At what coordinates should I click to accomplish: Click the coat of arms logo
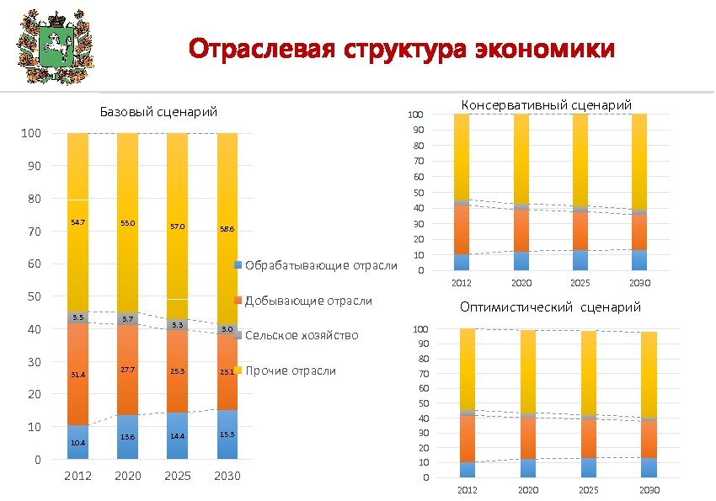point(51,48)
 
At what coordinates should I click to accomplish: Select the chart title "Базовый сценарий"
point(158,111)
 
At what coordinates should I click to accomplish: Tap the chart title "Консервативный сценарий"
point(547,104)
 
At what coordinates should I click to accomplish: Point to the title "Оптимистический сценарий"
point(550,307)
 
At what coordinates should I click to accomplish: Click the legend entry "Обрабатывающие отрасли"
point(319,266)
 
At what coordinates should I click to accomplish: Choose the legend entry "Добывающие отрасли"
point(308,301)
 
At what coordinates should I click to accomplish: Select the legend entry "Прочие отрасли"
point(290,370)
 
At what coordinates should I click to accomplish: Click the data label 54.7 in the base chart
point(77,221)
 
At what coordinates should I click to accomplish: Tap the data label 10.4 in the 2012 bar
point(77,442)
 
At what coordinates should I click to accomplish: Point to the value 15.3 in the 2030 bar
point(227,434)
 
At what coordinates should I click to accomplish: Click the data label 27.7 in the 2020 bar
point(127,370)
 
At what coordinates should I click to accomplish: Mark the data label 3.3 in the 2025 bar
point(177,325)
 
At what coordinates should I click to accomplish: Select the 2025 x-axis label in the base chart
point(177,477)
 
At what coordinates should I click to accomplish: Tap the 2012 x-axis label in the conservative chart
point(462,283)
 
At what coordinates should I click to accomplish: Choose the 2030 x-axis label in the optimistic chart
point(649,490)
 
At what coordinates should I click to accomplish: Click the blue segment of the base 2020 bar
point(127,437)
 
